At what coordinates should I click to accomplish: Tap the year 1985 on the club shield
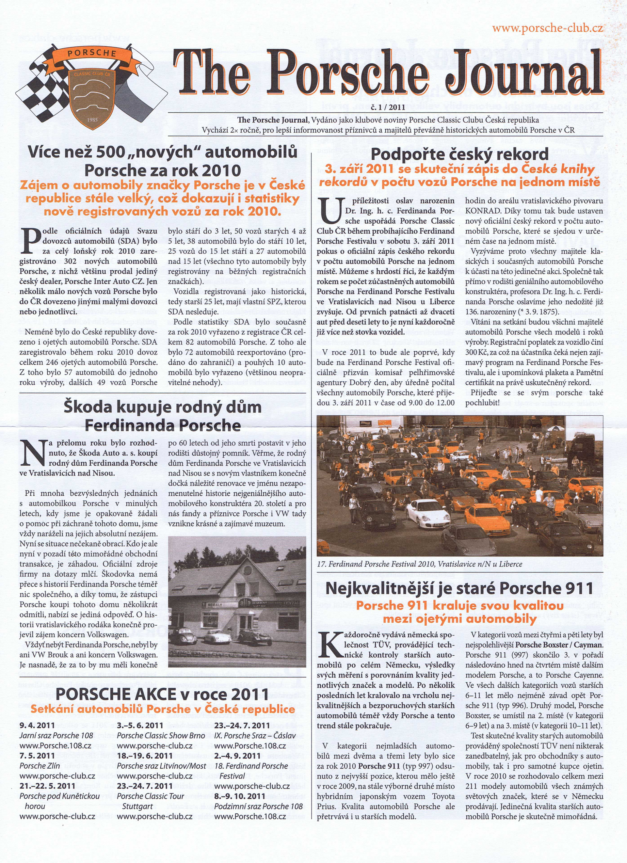click(92, 120)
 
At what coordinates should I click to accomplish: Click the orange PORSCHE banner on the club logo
click(92, 54)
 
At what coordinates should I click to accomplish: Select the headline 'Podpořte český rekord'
click(459, 154)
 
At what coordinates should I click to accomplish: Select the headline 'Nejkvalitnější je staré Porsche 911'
click(459, 589)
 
